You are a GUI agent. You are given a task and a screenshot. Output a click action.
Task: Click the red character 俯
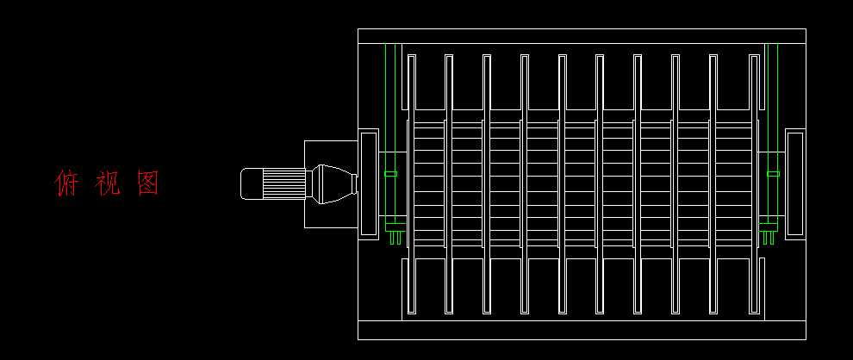click(67, 183)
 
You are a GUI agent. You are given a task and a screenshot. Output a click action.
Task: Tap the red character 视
click(107, 183)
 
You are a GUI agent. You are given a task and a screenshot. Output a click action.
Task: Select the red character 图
click(148, 183)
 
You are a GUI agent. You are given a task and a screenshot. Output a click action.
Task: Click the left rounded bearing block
click(368, 183)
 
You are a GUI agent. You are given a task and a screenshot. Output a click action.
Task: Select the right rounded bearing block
click(794, 183)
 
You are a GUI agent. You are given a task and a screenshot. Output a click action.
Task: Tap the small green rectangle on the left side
click(390, 174)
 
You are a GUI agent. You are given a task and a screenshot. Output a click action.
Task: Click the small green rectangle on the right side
click(773, 174)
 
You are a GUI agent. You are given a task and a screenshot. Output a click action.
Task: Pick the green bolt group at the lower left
click(395, 233)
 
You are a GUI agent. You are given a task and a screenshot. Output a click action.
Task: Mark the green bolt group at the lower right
click(768, 233)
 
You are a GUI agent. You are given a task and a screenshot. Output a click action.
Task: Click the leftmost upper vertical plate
click(411, 83)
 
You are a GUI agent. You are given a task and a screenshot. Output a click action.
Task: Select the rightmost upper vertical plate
click(751, 83)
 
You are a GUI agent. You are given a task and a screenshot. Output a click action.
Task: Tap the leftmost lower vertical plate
click(411, 285)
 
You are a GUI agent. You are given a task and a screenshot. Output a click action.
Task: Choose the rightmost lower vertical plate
click(751, 285)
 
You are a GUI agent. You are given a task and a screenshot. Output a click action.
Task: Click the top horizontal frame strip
click(582, 35)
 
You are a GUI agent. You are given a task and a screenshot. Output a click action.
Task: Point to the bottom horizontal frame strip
click(582, 331)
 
